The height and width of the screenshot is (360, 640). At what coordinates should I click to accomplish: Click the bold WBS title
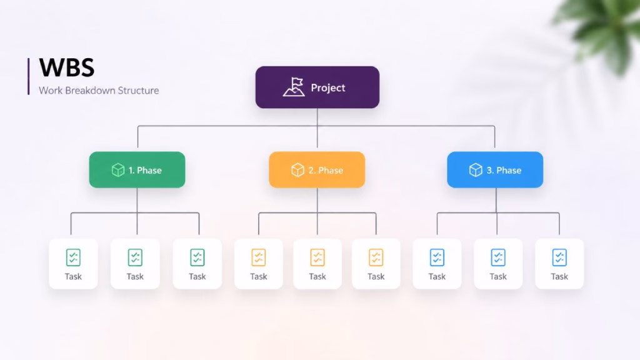(67, 67)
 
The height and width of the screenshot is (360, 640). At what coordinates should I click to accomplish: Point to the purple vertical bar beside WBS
(29, 76)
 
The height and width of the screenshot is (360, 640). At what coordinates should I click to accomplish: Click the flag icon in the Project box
(294, 87)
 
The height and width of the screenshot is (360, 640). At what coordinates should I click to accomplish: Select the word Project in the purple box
(328, 87)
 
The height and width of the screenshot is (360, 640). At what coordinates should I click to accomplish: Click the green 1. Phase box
(137, 170)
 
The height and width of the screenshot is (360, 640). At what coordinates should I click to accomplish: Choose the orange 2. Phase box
(317, 170)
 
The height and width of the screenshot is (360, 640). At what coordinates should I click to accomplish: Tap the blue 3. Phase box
(495, 170)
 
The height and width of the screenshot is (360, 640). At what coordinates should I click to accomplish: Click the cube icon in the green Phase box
(118, 170)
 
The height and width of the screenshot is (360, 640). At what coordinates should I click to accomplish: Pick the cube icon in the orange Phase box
(297, 170)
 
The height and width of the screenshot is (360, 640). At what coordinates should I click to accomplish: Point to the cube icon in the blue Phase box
(476, 170)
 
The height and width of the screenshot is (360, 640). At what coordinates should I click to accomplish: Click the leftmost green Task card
(74, 264)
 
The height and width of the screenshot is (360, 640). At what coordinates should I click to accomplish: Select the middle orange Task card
(317, 264)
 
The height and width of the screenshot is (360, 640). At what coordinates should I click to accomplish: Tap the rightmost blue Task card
(559, 264)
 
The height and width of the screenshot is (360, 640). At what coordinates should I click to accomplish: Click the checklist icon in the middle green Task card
(135, 257)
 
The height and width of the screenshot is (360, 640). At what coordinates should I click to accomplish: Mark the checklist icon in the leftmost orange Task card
(258, 257)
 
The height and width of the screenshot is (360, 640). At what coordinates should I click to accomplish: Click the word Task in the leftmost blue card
(437, 277)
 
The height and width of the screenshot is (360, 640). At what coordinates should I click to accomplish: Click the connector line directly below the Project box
(317, 127)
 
